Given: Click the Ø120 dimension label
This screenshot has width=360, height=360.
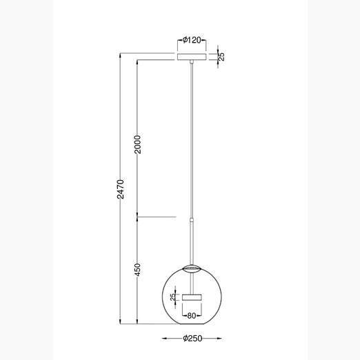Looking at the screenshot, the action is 192,40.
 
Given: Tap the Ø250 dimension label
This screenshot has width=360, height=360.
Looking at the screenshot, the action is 192,338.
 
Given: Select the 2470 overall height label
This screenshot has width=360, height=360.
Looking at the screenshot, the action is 120,189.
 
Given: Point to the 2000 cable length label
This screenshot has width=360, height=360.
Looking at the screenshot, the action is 137,144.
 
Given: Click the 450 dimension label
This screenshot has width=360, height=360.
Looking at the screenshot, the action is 137,270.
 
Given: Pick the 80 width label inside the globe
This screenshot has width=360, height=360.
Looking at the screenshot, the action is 192,316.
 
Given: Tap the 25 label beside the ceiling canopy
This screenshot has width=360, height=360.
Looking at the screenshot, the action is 221,57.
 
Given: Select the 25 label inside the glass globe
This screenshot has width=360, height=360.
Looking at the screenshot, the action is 173,297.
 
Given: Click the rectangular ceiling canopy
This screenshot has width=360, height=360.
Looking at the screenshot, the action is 192,57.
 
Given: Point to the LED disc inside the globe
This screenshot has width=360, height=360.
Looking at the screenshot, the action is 192,297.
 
